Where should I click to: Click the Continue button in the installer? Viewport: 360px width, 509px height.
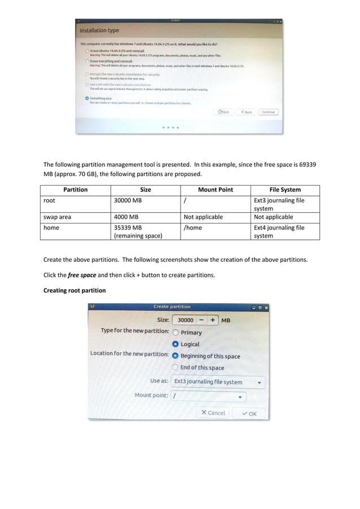pos(268,112)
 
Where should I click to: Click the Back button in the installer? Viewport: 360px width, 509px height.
pos(246,112)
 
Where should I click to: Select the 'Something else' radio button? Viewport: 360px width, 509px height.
pos(87,98)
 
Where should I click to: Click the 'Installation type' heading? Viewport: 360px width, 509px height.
pos(99,30)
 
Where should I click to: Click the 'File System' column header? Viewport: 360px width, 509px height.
pos(285,190)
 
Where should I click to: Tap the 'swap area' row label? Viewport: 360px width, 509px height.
pos(58,217)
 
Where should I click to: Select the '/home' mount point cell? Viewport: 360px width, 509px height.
pos(193,228)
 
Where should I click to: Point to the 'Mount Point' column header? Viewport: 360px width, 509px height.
pos(215,190)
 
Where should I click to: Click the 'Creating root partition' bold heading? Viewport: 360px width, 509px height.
pos(74,291)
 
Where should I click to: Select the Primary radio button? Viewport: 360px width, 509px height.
pos(176,333)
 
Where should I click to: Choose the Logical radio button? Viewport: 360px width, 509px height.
pos(176,344)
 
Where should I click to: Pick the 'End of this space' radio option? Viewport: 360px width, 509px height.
pos(176,367)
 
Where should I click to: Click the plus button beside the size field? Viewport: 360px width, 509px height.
pos(213,320)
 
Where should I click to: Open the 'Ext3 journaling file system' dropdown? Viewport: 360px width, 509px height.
pos(218,382)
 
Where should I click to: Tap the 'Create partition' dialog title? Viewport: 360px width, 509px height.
pos(172,307)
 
